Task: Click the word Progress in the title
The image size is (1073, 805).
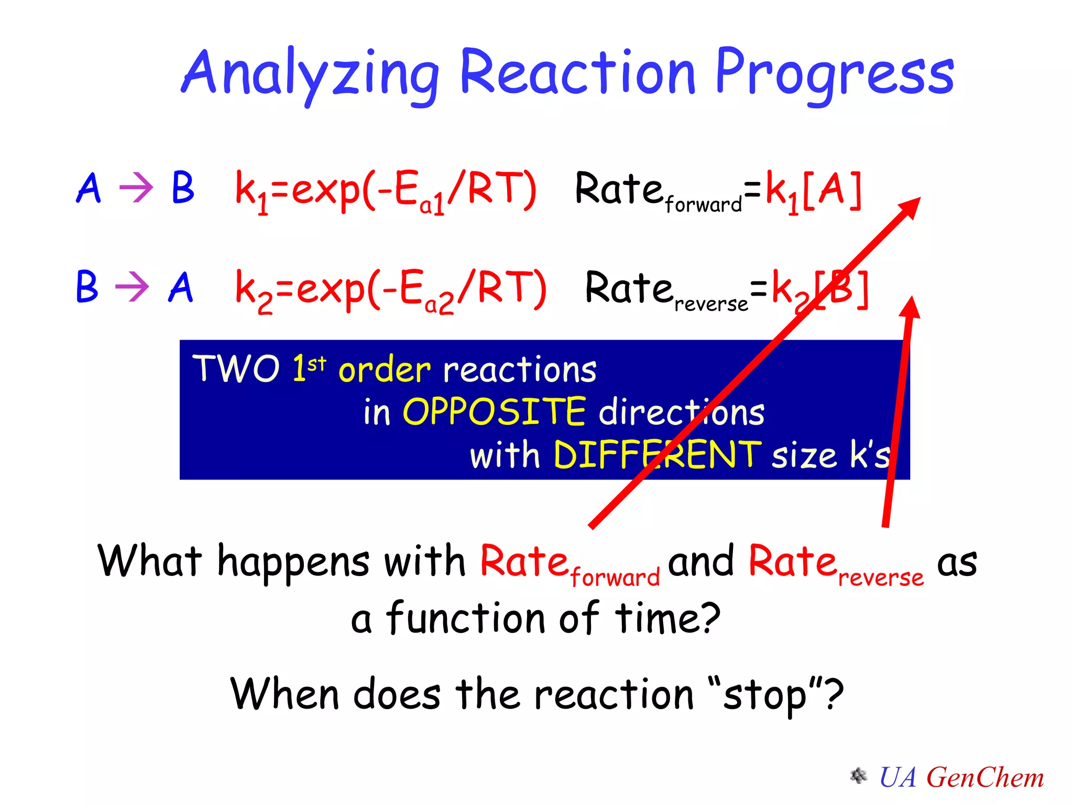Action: coord(834,73)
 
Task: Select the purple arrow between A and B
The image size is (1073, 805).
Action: coord(136,187)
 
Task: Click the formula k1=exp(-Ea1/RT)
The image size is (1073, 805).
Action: coord(385,190)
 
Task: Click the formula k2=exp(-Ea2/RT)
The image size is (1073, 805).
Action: coord(390,289)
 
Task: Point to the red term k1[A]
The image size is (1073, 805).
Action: coord(813,190)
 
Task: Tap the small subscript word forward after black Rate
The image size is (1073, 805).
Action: coord(703,204)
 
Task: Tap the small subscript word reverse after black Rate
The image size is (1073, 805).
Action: coord(711,304)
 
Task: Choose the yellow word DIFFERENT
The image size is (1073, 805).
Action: coord(657,454)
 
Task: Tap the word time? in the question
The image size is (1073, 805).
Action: coord(668,618)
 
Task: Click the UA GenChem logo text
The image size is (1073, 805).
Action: coord(961,777)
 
